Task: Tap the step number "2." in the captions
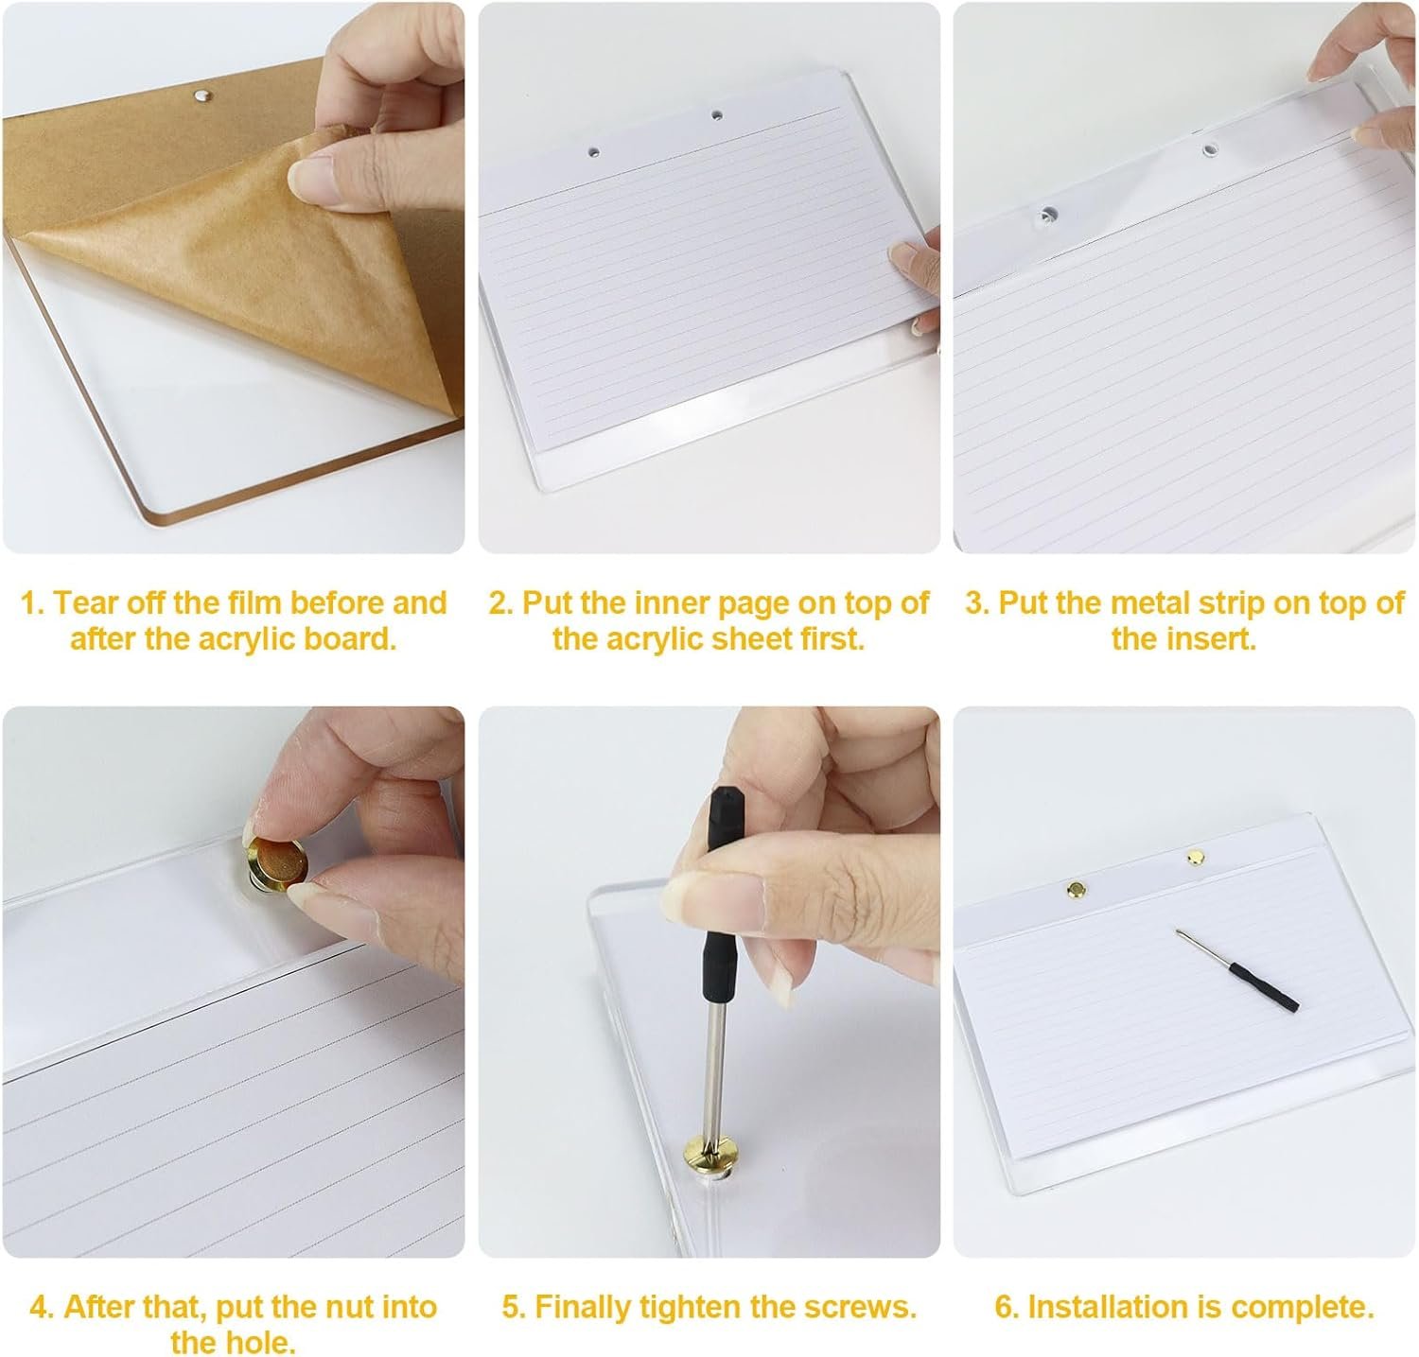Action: pos(501,603)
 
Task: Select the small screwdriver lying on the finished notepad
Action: pos(1235,968)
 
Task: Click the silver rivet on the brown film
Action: pos(200,95)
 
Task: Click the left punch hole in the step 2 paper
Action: pos(593,151)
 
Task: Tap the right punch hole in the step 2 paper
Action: pos(716,115)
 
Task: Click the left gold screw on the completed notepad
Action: pos(1077,889)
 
